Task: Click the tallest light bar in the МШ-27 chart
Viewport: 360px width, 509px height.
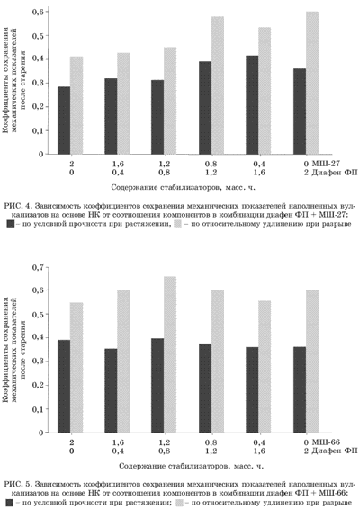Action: (x=312, y=83)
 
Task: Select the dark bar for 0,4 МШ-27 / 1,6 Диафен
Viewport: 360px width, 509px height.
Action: (x=252, y=105)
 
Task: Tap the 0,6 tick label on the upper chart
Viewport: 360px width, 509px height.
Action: (x=38, y=12)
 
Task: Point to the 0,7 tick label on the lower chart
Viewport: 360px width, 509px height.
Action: (x=38, y=268)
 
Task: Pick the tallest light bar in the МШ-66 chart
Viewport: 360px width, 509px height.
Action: (x=170, y=354)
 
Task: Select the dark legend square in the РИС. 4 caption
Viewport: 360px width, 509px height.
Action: (x=11, y=224)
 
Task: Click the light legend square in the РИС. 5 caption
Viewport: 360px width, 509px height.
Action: (x=179, y=503)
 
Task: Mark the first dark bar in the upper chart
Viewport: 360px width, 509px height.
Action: (x=64, y=121)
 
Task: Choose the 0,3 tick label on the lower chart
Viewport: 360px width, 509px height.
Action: (x=38, y=362)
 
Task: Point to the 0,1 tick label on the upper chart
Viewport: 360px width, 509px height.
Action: (x=38, y=130)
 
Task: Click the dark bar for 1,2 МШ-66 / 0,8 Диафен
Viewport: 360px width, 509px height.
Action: (x=157, y=386)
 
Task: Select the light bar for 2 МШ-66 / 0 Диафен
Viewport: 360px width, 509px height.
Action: (x=76, y=368)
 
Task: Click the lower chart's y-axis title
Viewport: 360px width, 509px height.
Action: (x=14, y=350)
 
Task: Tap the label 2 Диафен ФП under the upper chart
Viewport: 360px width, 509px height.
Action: (x=330, y=172)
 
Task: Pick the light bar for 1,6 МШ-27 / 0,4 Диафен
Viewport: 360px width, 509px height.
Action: (x=123, y=103)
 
